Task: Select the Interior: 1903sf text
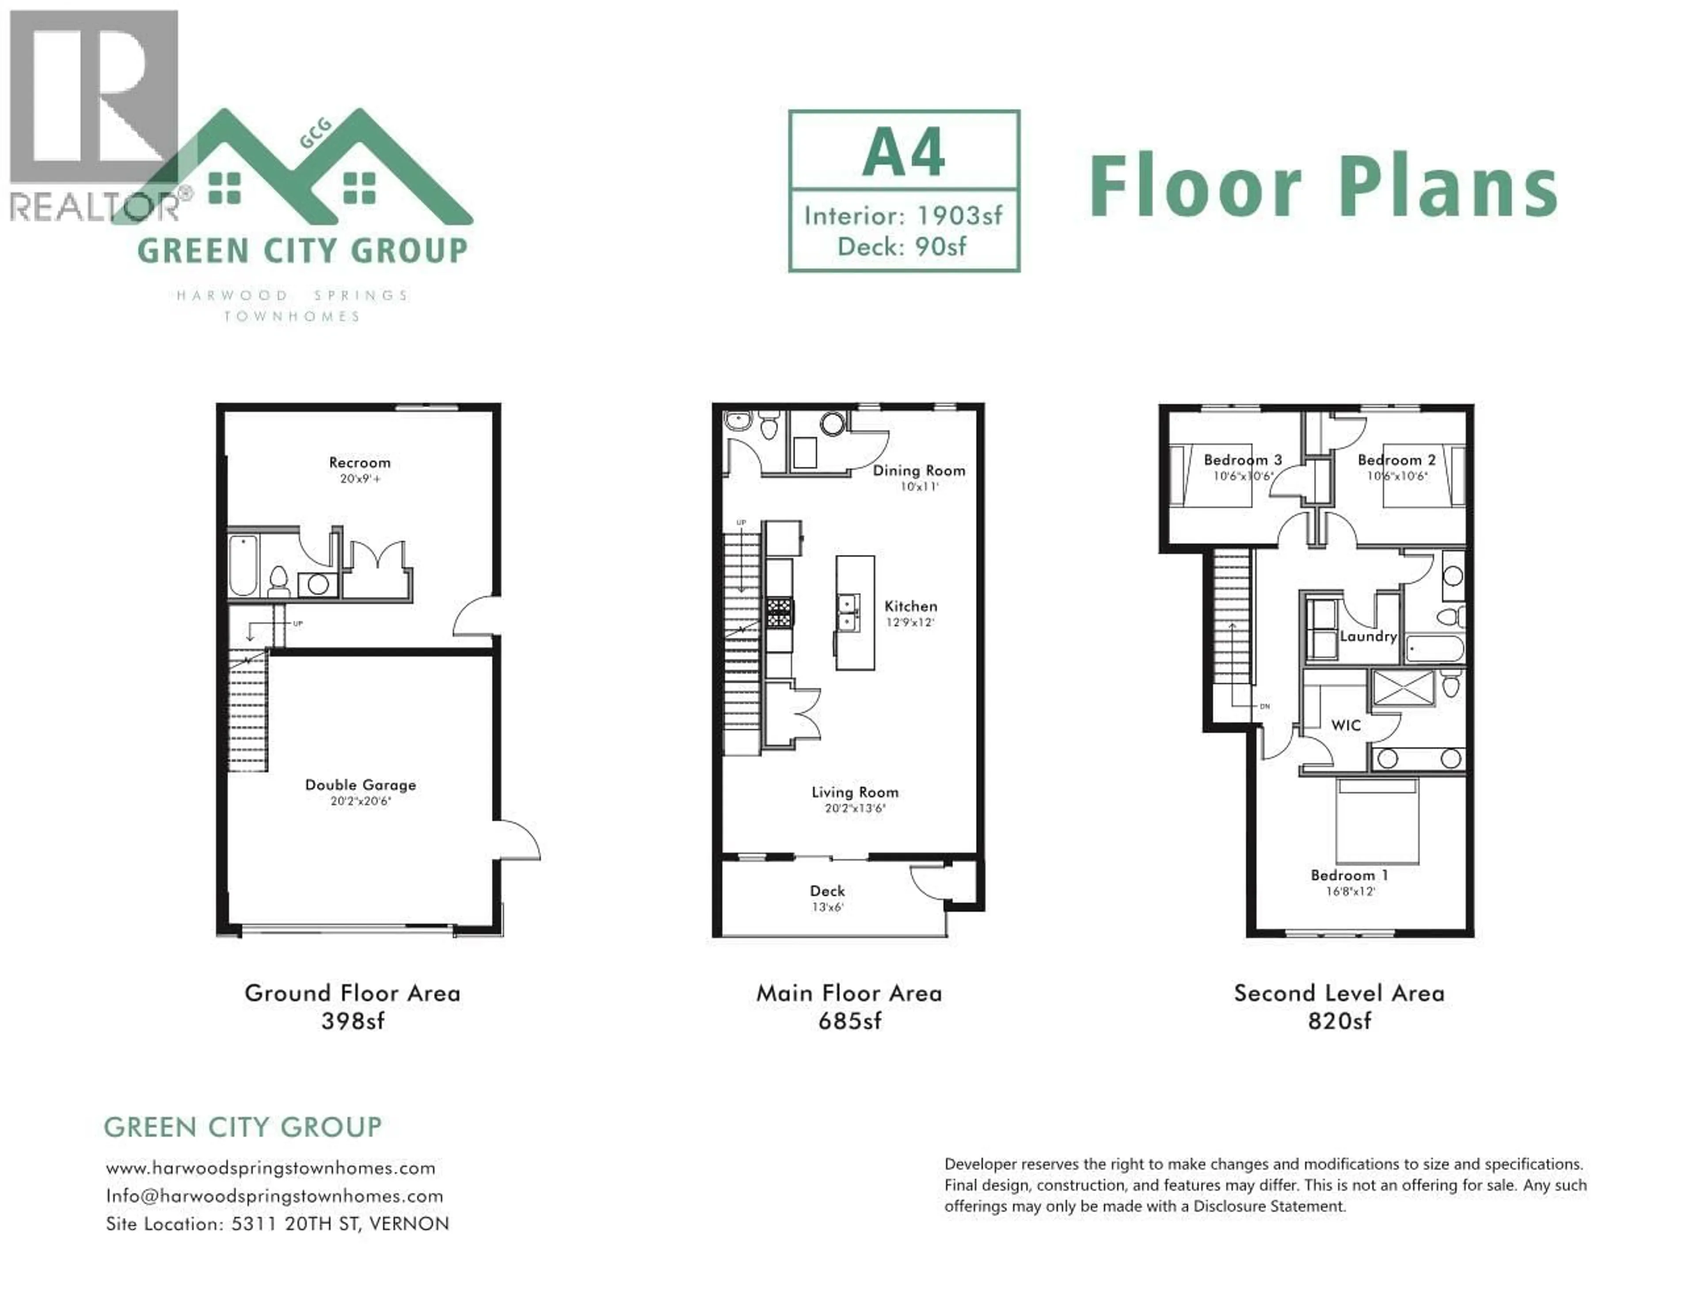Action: click(903, 216)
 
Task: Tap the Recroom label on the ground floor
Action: click(360, 463)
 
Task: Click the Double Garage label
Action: click(361, 785)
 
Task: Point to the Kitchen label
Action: click(911, 606)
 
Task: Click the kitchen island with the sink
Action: click(855, 613)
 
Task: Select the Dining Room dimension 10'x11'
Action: click(919, 487)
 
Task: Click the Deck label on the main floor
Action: click(827, 891)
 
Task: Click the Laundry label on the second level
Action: click(1368, 636)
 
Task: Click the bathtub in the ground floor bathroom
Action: click(243, 566)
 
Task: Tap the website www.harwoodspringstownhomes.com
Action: click(271, 1168)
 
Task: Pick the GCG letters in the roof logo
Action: click(315, 133)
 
